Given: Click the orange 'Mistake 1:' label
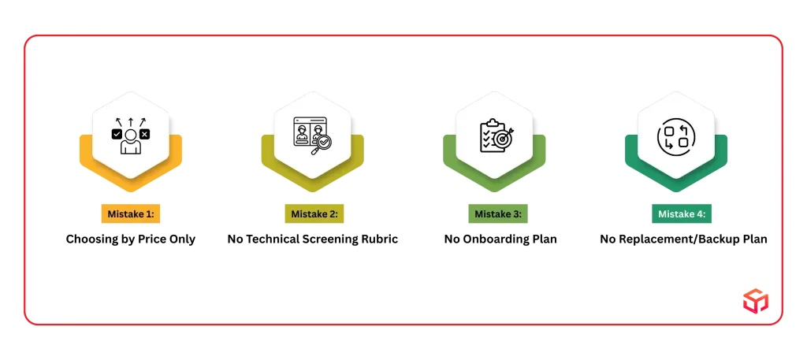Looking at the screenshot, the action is (x=131, y=214).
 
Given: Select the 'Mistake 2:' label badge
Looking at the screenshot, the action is (x=314, y=214).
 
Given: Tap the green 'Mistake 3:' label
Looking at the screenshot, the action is (x=498, y=214).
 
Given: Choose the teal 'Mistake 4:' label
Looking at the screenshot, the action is (x=682, y=214).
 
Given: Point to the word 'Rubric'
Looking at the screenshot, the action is (x=380, y=239).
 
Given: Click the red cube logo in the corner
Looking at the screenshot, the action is (x=756, y=301).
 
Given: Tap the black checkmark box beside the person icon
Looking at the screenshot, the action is (x=117, y=134).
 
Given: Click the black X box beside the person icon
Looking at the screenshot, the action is (x=145, y=134).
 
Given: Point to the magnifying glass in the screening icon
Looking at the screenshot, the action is (x=322, y=143).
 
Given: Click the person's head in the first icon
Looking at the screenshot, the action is (x=131, y=135).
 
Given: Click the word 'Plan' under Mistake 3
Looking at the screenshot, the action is (x=545, y=239).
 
